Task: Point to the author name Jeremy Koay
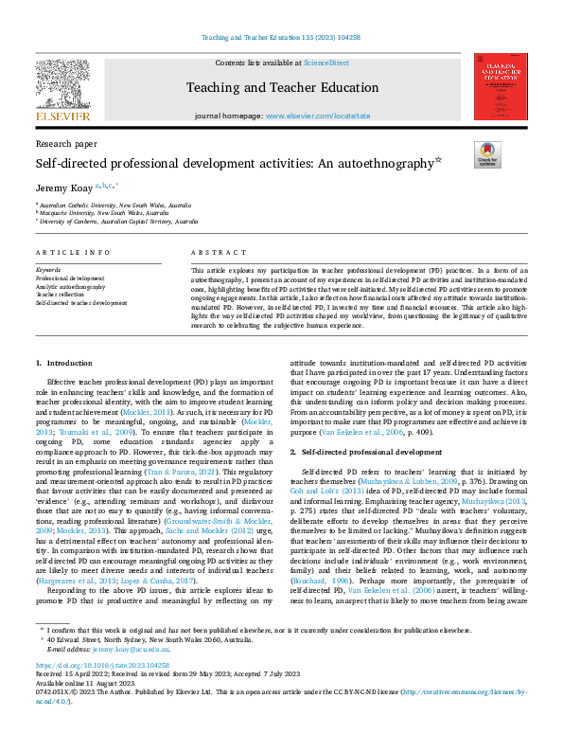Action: pyautogui.click(x=60, y=188)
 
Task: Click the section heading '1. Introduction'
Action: pyautogui.click(x=65, y=364)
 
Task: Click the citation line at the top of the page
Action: pyautogui.click(x=281, y=38)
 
